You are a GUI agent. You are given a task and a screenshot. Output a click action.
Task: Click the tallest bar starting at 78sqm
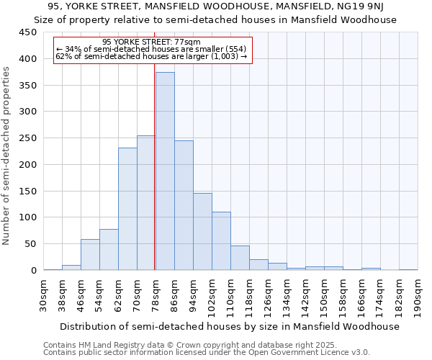coord(165,171)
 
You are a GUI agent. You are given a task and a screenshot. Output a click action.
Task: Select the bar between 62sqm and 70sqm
coord(127,209)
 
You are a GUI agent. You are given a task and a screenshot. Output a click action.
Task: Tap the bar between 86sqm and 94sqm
coord(184,205)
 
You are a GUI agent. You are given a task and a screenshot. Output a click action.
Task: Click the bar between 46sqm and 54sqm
coord(90,255)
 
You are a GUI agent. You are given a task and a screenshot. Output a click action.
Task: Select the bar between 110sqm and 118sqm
coord(240,258)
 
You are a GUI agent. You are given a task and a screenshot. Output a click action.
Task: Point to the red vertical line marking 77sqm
coord(155,166)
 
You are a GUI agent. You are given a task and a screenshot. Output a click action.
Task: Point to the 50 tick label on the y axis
coord(30,244)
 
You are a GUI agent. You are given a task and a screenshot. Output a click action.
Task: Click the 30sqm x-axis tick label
coord(44,296)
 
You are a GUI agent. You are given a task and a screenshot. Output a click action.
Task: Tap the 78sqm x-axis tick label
coord(156,296)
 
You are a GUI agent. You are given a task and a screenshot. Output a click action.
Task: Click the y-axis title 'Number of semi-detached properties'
coord(7,156)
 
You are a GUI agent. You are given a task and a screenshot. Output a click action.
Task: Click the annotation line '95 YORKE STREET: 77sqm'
coord(151,42)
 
